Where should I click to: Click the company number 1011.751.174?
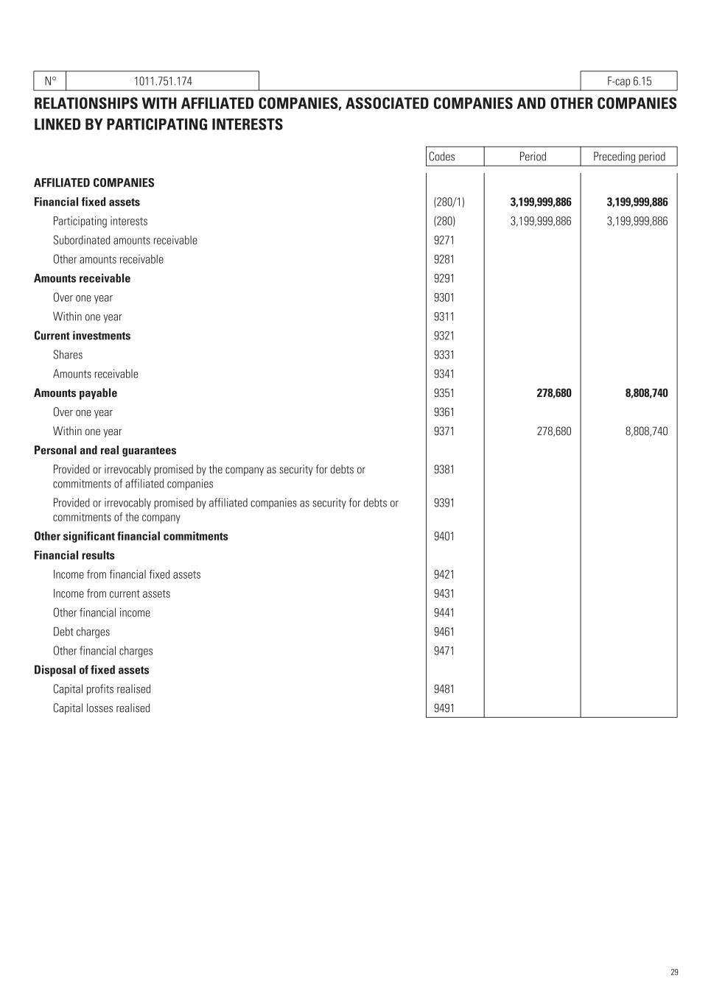coord(163,81)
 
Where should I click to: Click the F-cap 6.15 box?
coord(628,81)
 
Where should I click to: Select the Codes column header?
coord(442,156)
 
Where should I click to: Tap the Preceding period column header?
coord(628,156)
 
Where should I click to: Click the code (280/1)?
coord(449,202)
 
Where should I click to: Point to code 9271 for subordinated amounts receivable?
coord(444,240)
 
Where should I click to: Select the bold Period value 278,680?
coord(553,393)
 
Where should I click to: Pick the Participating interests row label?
coord(100,221)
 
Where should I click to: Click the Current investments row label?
coord(82,336)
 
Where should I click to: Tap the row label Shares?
coord(68,355)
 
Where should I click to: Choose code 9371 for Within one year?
coord(444,431)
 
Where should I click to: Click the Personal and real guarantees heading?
coord(105,451)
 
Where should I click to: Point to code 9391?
coord(444,503)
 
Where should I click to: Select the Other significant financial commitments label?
coord(131,536)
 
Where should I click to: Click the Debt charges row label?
coord(81,632)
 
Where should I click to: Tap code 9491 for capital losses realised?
coord(444,708)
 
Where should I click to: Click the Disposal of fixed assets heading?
coord(91,670)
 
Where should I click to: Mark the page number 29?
coord(674,973)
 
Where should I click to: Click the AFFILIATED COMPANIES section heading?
coord(94,183)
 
